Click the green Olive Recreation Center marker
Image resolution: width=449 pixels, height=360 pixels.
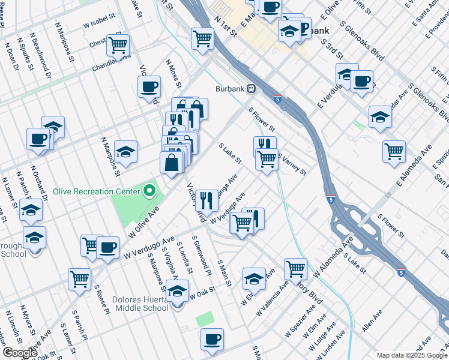pos(150,193)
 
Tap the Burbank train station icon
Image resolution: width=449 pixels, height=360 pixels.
pos(252,88)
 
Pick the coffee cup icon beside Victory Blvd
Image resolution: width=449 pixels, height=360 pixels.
pos(149,86)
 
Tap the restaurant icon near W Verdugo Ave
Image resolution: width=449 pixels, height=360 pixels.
pos(206,200)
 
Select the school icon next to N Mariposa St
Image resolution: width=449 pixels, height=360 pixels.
pos(125,152)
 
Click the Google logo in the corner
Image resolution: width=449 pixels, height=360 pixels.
pos(20,353)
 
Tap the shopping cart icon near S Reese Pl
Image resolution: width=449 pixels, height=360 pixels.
pos(79,279)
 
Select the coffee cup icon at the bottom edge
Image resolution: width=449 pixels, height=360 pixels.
pos(212,339)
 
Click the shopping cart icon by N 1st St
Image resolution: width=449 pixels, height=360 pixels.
pos(203,38)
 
